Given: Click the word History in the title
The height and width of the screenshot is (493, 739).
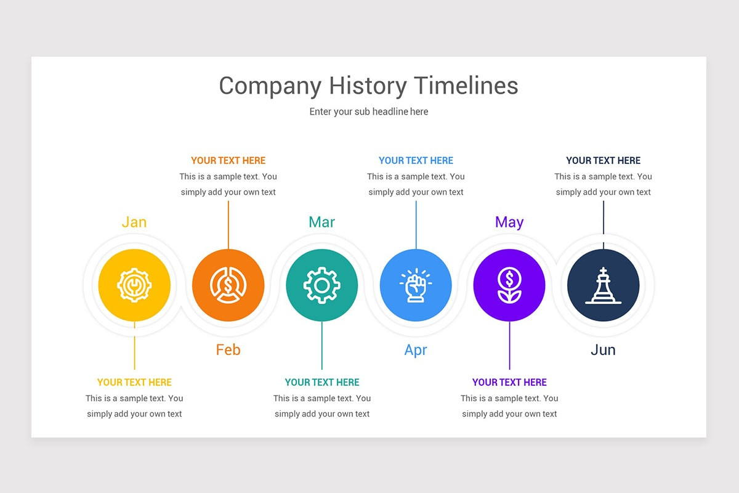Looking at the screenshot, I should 368,86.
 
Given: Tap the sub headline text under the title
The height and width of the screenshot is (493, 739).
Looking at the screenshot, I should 368,112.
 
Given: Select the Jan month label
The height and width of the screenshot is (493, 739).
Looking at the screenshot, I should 134,222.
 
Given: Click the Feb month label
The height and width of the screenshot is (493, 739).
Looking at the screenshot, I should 228,350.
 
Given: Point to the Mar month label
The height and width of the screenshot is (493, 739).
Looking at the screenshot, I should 321,222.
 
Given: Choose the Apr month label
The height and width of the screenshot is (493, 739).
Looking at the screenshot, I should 416,350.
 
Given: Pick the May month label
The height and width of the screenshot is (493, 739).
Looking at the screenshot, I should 509,222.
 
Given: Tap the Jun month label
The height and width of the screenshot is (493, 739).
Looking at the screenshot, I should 603,350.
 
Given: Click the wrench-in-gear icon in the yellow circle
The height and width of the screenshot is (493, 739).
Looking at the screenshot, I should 134,285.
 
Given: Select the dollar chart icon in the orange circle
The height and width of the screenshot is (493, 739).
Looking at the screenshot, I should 228,285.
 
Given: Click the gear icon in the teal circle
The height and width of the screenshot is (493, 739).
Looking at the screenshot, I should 321,285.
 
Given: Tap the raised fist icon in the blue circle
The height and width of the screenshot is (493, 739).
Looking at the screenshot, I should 416,285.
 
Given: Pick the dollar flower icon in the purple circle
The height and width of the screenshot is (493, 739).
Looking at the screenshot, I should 509,285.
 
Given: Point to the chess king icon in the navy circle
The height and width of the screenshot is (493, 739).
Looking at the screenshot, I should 603,285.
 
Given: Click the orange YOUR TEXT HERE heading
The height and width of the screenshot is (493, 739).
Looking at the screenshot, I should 228,161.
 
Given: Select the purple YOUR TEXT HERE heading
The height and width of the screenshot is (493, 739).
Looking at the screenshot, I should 509,383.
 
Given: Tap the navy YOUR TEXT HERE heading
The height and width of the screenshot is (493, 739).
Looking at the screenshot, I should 603,161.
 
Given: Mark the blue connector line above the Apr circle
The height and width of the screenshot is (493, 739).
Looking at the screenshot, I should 416,225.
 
